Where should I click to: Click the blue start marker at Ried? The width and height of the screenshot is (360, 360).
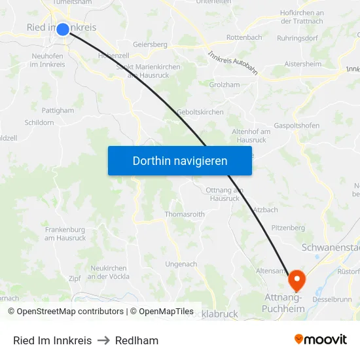click(x=63, y=29)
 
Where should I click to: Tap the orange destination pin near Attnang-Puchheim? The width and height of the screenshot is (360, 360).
click(x=297, y=280)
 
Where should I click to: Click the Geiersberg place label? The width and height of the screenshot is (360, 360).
click(x=150, y=45)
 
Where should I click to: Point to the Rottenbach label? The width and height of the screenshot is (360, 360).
click(x=244, y=38)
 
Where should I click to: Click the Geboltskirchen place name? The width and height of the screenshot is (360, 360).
click(x=200, y=112)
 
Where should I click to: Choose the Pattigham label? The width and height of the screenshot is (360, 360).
click(x=58, y=111)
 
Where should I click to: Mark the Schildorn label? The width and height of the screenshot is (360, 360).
click(x=39, y=122)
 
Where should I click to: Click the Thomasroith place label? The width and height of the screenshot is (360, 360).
click(x=185, y=214)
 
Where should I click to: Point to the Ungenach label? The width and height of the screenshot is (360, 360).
click(x=181, y=264)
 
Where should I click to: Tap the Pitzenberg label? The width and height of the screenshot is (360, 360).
click(x=288, y=228)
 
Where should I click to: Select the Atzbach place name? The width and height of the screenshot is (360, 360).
click(x=265, y=209)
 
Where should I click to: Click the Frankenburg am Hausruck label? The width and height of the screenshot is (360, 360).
click(x=65, y=234)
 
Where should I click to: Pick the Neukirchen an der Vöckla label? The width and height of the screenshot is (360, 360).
click(x=108, y=272)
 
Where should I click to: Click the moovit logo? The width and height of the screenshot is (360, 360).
click(x=321, y=340)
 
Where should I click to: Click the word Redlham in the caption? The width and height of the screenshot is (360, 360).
click(x=137, y=340)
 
